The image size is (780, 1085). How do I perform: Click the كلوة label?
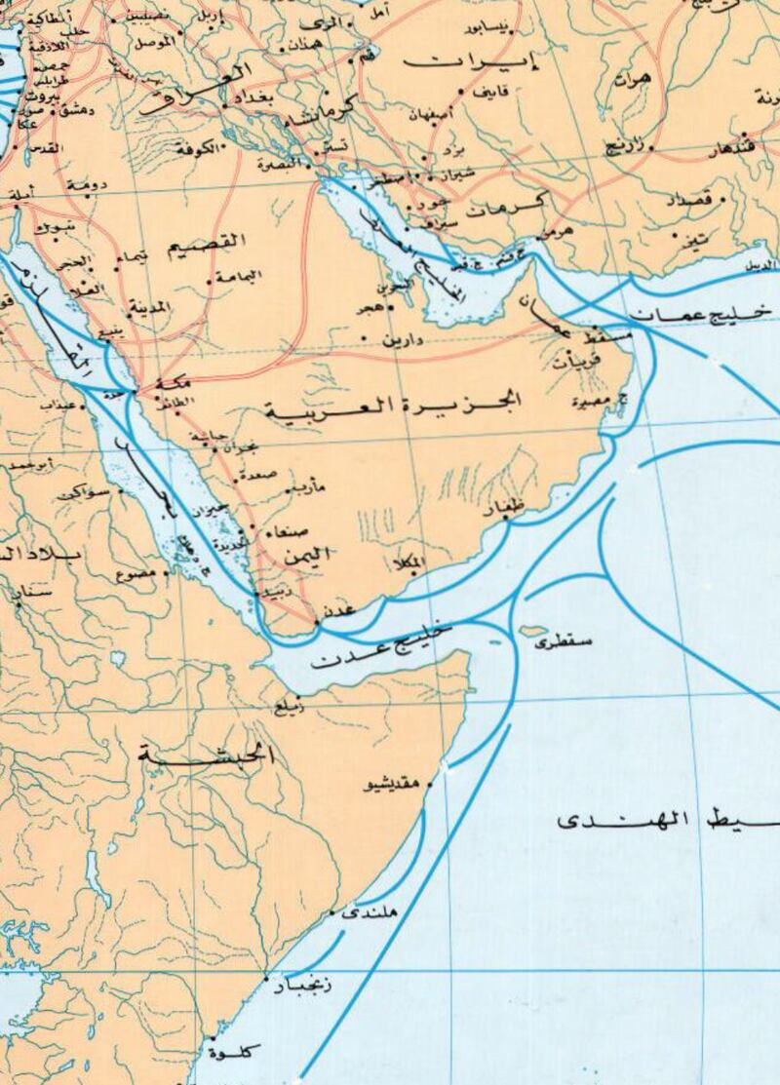pos(238,1051)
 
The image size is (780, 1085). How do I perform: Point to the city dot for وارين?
pos(365,340)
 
